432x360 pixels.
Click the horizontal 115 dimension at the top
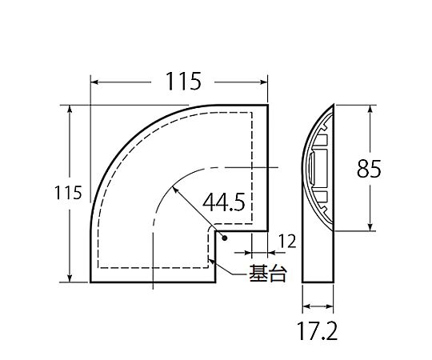point(183,82)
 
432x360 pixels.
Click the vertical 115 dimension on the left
point(68,193)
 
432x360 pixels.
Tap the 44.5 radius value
point(224,202)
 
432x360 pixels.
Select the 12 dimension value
point(287,242)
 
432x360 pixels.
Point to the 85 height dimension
point(369,169)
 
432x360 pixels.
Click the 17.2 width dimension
point(317,331)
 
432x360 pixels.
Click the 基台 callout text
point(268,274)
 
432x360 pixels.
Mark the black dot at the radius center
point(225,238)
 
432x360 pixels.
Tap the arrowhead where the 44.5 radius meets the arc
point(174,190)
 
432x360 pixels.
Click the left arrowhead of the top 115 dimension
point(94,82)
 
